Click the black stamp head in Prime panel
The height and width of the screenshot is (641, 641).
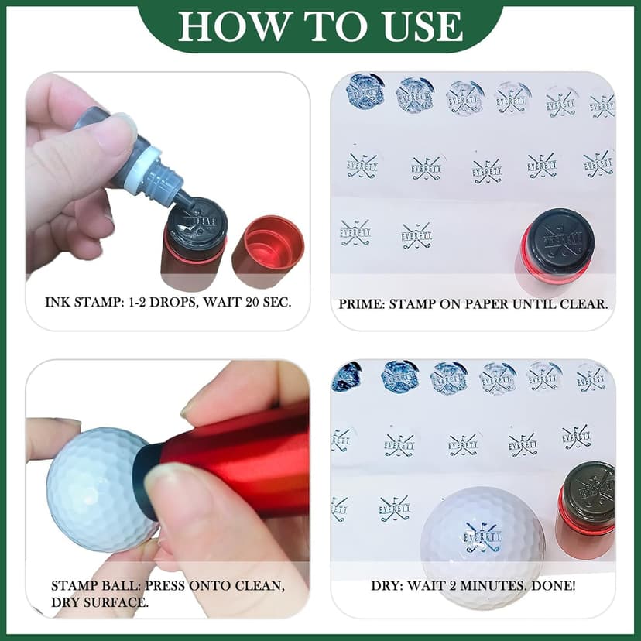click(x=556, y=236)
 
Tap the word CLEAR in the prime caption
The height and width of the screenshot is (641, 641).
click(x=583, y=304)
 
